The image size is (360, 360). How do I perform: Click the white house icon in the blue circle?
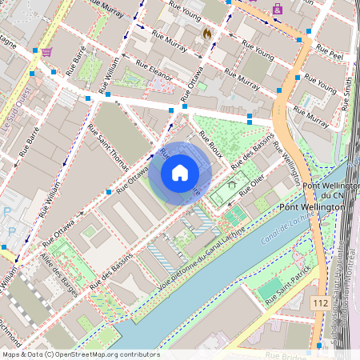pos(180,172)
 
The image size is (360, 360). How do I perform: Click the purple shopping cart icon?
pos(47,52)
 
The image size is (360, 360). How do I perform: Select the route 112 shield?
pos(320,303)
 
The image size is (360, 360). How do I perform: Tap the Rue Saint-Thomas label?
pos(108,148)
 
